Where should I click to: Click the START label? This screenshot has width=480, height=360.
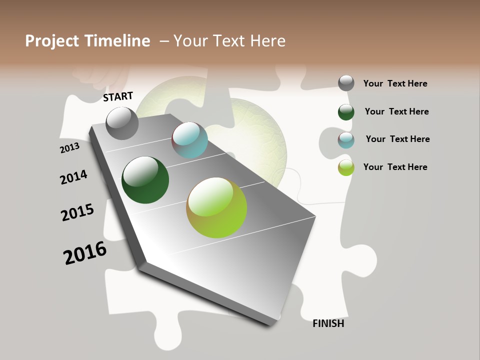click(118, 96)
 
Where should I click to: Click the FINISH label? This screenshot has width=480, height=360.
click(328, 323)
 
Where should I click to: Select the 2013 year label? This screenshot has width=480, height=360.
click(69, 148)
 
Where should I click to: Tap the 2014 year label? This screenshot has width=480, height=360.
click(73, 177)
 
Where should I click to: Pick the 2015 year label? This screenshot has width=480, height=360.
click(77, 212)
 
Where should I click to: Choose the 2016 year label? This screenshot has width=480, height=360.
click(85, 253)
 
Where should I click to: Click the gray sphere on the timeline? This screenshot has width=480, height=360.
click(122, 123)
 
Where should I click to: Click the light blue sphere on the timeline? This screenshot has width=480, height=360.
click(190, 140)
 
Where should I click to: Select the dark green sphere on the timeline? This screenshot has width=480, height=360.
click(145, 180)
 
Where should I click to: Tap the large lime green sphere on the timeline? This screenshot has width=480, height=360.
click(216, 207)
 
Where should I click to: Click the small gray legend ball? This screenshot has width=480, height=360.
click(346, 83)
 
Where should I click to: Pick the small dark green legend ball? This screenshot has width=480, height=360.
click(346, 111)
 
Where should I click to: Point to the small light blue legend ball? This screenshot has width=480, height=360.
click(346, 139)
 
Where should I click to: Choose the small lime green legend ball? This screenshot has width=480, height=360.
click(346, 167)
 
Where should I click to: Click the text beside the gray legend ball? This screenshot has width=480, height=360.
click(395, 83)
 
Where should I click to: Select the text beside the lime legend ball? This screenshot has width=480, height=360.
click(395, 167)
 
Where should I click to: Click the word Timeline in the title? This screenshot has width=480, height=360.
click(117, 41)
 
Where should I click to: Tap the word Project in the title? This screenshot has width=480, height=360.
click(51, 41)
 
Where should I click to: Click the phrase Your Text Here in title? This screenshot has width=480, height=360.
click(229, 41)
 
